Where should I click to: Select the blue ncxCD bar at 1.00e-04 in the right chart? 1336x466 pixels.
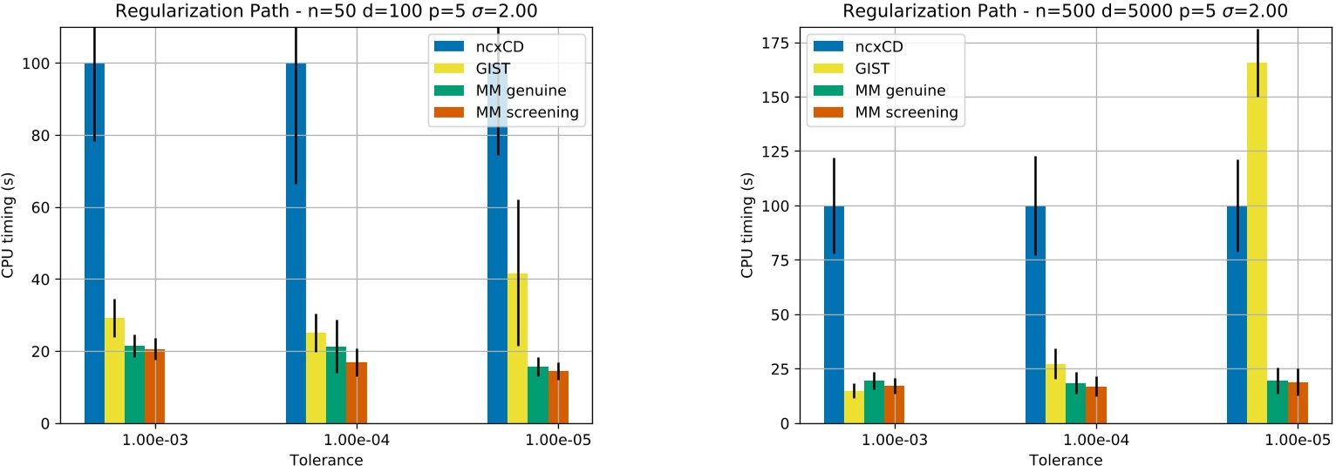[1035, 314]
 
